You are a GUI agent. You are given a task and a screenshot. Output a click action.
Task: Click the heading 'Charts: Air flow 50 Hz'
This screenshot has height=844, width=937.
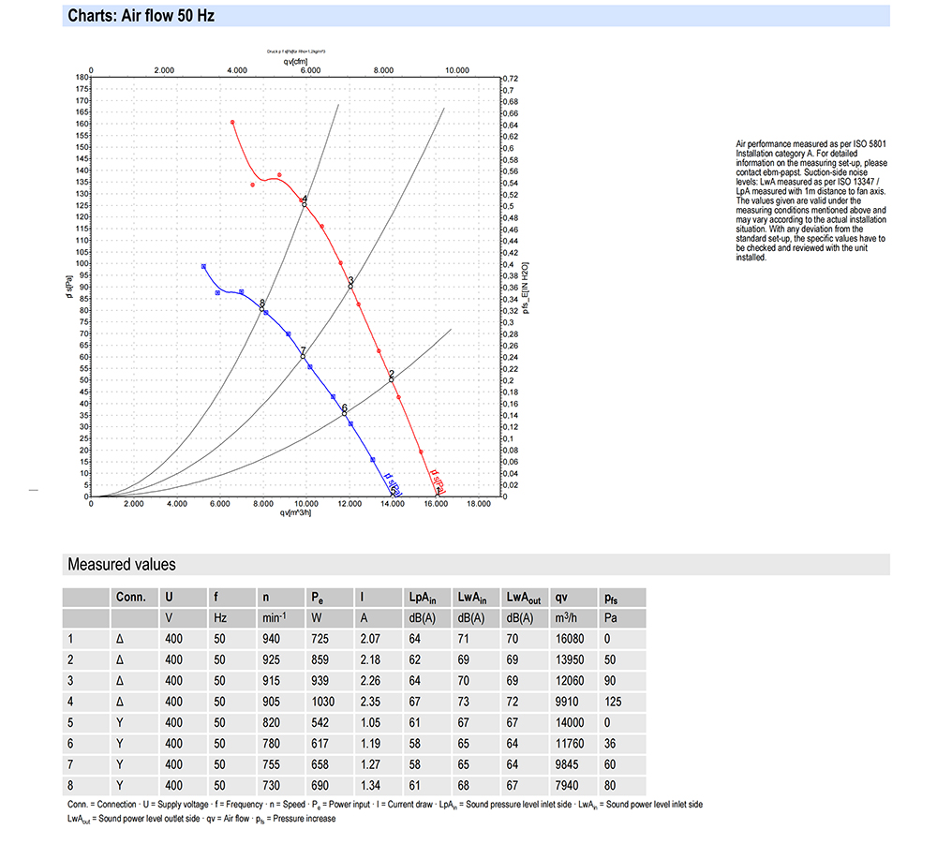[x=141, y=16]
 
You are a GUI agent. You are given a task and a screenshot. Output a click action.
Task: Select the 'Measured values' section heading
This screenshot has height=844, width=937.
[x=121, y=564]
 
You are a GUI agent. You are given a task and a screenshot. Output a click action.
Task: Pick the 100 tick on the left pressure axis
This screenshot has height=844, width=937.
[x=82, y=263]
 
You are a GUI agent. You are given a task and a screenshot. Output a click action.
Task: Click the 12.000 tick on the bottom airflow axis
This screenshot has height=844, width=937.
[x=350, y=504]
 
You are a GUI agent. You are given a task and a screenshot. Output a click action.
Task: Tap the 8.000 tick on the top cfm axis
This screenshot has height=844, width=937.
[x=383, y=70]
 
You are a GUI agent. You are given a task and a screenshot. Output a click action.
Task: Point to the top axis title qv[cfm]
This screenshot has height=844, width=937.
[x=295, y=61]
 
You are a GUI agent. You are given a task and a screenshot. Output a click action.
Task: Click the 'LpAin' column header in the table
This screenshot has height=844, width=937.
[x=423, y=597]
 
